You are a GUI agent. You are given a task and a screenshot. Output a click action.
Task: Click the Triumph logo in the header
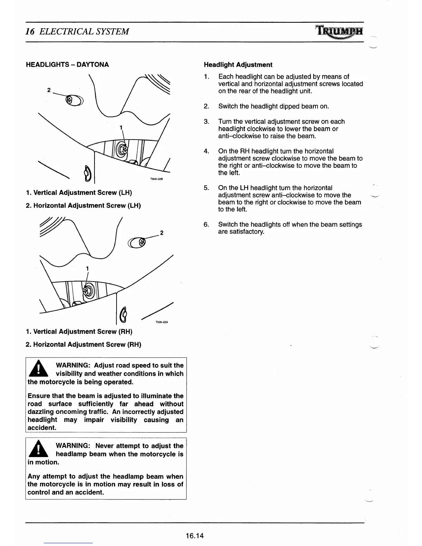tap(339, 32)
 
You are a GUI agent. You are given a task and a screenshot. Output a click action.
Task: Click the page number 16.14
tap(194, 535)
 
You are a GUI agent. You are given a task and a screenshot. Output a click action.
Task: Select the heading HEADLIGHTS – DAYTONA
tap(68, 65)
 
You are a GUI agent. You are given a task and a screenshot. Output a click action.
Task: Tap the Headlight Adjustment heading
tap(238, 65)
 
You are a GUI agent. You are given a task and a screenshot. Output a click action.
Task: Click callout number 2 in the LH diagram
tap(49, 90)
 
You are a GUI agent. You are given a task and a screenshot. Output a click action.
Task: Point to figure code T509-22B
tap(156, 179)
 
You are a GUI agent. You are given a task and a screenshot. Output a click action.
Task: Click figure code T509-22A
tap(161, 322)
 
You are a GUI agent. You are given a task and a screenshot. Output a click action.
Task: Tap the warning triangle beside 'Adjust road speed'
tap(40, 369)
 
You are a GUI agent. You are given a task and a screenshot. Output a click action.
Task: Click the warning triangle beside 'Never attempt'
tap(40, 449)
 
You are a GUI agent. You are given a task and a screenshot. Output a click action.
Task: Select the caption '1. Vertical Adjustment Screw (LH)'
tap(79, 192)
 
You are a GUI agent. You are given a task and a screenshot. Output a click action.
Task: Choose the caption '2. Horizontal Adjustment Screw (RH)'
tap(83, 344)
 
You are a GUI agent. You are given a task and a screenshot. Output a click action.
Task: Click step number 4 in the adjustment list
tap(206, 151)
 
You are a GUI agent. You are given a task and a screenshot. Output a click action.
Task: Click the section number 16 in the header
tap(30, 32)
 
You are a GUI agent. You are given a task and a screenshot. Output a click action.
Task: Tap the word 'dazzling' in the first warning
tap(41, 412)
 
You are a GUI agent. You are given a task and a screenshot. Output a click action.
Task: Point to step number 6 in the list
tap(206, 224)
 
